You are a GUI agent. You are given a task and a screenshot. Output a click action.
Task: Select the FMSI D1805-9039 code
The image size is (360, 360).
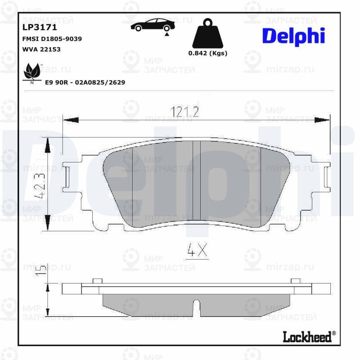[52, 39]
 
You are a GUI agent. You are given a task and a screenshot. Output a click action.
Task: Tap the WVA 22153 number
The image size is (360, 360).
[41, 49]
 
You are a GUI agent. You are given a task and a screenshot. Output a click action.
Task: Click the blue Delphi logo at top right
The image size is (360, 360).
[293, 36]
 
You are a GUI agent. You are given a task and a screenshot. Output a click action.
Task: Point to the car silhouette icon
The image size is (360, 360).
[151, 25]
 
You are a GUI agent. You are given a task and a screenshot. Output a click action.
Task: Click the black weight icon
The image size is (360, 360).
[207, 34]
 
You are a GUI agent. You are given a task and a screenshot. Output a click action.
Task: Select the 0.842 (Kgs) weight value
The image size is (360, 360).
[207, 53]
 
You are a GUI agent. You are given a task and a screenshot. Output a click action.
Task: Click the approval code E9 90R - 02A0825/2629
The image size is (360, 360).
[85, 83]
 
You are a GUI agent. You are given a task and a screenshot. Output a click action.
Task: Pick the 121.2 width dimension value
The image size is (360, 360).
[184, 112]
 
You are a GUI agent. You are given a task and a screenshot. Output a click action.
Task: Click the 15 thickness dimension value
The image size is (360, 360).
[41, 270]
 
